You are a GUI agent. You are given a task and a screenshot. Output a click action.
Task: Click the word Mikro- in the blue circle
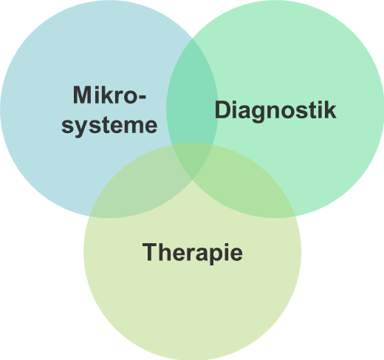point(109,95)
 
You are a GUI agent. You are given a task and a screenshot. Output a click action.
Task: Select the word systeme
point(109,126)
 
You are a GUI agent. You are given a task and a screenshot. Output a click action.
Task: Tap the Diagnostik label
point(275,111)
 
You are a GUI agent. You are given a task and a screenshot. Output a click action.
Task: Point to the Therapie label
point(193,253)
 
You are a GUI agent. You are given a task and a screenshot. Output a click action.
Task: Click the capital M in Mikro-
point(82,95)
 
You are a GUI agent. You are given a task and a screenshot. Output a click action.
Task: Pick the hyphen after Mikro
point(143,97)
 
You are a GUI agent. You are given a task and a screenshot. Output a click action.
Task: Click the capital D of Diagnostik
point(223,110)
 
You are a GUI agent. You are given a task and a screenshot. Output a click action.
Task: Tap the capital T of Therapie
point(150,251)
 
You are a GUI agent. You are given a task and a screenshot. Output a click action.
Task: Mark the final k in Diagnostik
point(330,110)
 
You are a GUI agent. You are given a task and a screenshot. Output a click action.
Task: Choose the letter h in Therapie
point(167,251)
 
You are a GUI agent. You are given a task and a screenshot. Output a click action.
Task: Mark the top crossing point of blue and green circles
point(192,38)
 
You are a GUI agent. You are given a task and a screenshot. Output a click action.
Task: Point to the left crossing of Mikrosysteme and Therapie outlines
point(89,217)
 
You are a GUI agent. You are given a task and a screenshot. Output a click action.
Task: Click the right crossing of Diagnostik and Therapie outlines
point(295,217)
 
